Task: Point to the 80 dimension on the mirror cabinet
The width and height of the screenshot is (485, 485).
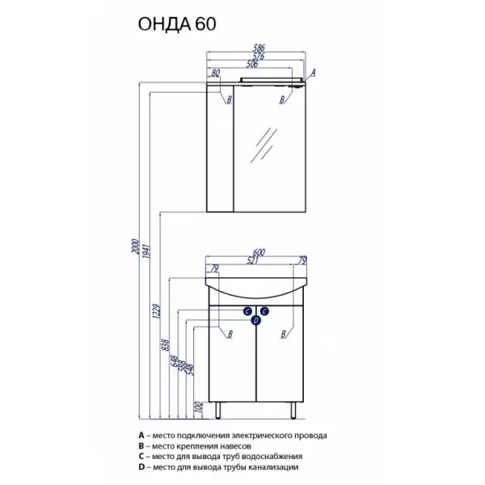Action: pos(216,74)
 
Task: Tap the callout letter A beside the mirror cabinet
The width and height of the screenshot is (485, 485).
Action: pos(313,73)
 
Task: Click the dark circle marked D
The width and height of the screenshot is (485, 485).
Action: pos(256,321)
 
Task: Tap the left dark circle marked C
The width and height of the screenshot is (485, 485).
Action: pos(247,310)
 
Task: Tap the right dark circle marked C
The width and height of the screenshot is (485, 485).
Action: pos(265,310)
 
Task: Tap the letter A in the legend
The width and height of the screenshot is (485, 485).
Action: pos(140,435)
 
